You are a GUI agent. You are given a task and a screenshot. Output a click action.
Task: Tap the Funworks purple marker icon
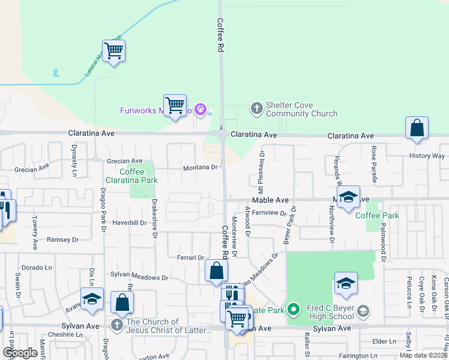[x=200, y=110]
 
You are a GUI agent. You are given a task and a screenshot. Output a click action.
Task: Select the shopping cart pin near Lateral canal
[x=113, y=51]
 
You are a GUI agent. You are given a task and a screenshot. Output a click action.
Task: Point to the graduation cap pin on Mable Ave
[x=348, y=198]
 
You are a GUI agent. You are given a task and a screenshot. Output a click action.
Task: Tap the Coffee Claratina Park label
[x=124, y=176]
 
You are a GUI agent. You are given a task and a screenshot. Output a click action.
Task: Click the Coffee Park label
[x=376, y=215]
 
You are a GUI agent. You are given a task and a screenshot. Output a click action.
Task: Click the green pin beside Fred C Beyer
[x=293, y=310]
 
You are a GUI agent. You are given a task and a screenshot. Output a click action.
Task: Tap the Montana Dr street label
[x=200, y=167]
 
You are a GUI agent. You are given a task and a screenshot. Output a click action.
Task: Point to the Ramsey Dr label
[x=63, y=239]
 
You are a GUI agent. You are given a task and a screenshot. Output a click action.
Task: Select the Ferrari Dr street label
[x=191, y=257]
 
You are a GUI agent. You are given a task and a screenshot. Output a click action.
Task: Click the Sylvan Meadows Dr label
[x=139, y=277]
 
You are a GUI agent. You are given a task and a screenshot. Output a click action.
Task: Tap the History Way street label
[x=427, y=155]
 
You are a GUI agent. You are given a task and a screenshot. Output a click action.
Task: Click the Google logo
[x=20, y=353]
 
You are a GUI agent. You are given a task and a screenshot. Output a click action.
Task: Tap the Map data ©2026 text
[x=423, y=355]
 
